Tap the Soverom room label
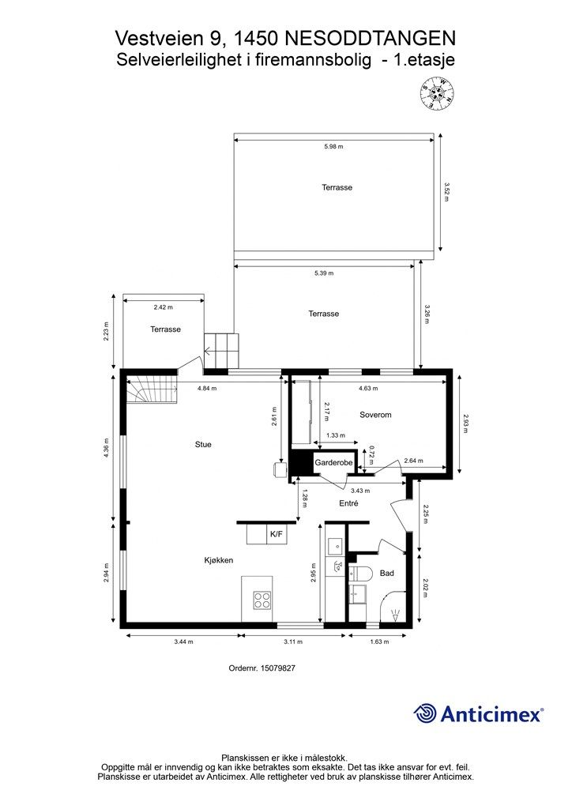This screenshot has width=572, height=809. point(375,414)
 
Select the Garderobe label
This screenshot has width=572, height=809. point(333,462)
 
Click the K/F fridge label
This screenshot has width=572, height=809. point(277,534)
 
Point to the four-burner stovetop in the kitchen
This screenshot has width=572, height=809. point(262,600)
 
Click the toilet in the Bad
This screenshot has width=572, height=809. point(360,574)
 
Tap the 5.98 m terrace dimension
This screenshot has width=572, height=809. point(333,146)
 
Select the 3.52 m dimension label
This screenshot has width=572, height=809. point(446,191)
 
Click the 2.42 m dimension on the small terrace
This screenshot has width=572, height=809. point(163,307)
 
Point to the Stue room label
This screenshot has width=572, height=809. point(203,444)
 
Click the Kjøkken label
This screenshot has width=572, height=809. point(219,560)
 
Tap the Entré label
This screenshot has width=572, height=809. point(348,503)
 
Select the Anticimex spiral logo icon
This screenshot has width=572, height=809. point(425,713)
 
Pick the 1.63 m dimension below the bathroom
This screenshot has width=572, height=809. point(379,642)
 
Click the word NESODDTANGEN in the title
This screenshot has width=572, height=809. point(371,38)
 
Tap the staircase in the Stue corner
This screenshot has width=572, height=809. point(152,390)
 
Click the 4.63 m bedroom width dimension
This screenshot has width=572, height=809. point(368,389)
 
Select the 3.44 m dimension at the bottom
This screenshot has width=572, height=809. point(183,642)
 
